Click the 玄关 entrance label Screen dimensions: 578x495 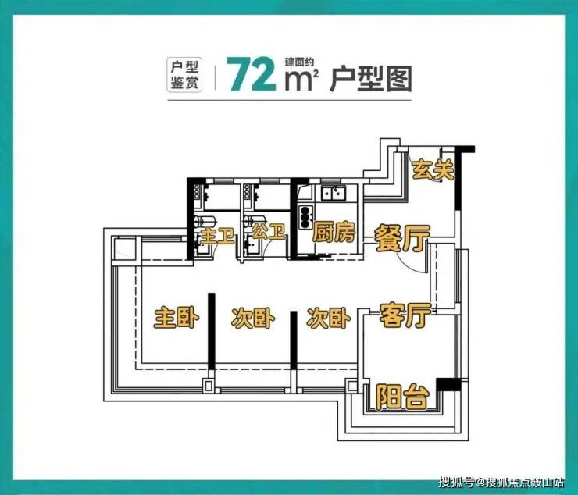pos(433,170)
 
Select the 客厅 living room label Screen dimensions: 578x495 pos(405,315)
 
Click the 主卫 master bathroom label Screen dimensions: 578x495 pos(217,235)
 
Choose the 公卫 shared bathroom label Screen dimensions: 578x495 pos(269,231)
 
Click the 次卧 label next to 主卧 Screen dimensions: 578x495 pos(253,318)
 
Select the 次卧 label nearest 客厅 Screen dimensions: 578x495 pos(329,318)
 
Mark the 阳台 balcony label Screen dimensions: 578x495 pos(402,397)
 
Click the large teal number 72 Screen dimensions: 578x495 pos(252,74)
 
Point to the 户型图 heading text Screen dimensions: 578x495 pos(370,79)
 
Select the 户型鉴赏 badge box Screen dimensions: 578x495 pos(184,74)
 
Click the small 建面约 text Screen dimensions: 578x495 pos(299,62)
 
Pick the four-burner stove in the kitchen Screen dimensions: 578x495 pos(305,216)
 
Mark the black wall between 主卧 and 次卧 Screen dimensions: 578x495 pos(211,331)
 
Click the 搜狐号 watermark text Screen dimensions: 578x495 pos(455,482)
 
